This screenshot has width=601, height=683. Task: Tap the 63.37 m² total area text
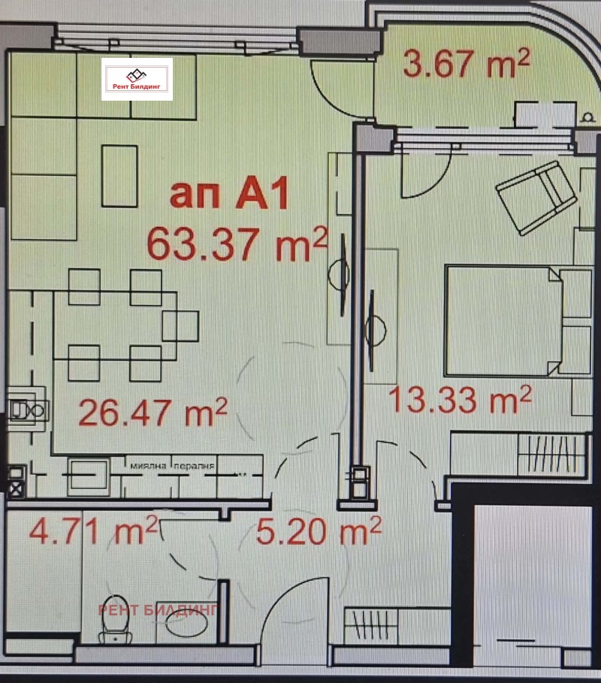(x=237, y=242)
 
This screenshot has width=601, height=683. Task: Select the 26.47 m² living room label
(x=153, y=411)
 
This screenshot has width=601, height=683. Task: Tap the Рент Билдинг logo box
(x=137, y=79)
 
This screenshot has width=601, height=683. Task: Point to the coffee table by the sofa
(x=120, y=175)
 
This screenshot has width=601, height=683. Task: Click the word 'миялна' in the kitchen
(x=149, y=466)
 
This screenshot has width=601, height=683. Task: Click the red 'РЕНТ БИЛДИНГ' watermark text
(x=157, y=609)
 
